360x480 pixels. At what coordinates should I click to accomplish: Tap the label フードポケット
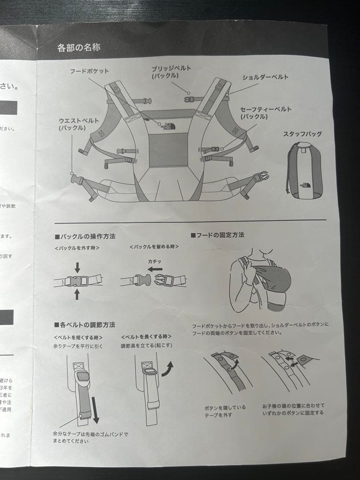[x=89, y=71]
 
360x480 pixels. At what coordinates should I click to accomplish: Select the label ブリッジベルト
[x=171, y=68]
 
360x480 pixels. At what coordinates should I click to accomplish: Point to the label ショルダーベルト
[x=265, y=77]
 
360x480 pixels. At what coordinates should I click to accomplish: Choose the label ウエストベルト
[x=79, y=121]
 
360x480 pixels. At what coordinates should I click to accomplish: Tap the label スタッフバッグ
[x=302, y=134]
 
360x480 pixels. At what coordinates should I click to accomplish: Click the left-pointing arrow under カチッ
[x=155, y=269]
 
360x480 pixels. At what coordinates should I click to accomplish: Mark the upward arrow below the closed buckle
[x=77, y=294]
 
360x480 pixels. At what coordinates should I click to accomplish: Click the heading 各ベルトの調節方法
[x=84, y=325]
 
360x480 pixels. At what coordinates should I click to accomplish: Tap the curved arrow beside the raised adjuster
[x=167, y=368]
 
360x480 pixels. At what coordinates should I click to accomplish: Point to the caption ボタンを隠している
[x=225, y=407]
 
